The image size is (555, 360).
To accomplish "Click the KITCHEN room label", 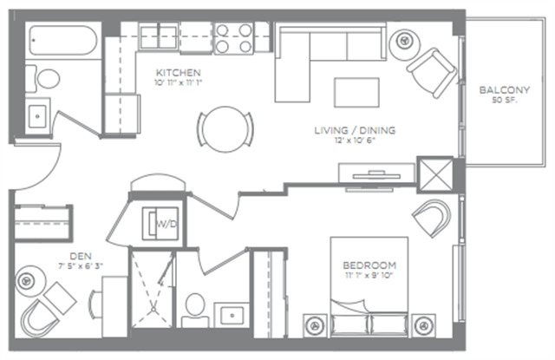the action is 179,73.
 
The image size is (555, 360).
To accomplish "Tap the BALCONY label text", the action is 505,90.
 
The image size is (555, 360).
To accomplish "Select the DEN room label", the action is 81,256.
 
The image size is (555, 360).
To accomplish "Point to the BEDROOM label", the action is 369,265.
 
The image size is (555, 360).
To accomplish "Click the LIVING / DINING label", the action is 355,130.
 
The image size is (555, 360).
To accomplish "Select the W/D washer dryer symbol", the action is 160,224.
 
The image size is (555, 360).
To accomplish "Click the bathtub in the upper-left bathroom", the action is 63,40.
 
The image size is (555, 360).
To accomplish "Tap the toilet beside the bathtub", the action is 42,79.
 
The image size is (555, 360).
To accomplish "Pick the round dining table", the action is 225,129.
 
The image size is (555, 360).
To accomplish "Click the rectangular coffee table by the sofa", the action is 356,93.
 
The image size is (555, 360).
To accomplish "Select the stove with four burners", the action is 233,38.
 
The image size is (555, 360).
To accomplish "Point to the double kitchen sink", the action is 159,37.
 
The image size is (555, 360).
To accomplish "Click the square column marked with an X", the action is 435,175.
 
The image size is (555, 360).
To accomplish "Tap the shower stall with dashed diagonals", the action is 153,289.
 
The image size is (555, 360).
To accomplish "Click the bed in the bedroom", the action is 369,286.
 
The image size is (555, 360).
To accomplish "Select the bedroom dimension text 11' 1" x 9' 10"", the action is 369,275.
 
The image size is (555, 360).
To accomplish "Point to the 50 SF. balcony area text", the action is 505,100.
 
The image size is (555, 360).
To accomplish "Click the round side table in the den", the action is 30,281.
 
